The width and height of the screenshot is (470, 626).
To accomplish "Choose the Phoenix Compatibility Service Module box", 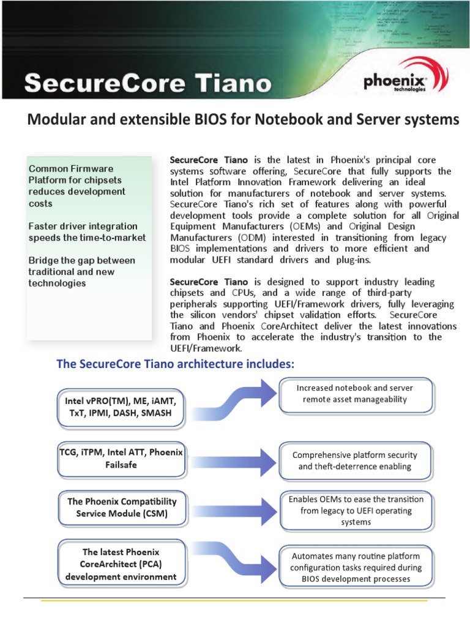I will (122, 507).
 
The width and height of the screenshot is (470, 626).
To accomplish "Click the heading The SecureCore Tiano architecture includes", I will (176, 364).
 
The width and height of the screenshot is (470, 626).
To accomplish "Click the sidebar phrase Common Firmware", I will (71, 168).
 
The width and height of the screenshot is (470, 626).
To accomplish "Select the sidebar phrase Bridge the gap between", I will (82, 260).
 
